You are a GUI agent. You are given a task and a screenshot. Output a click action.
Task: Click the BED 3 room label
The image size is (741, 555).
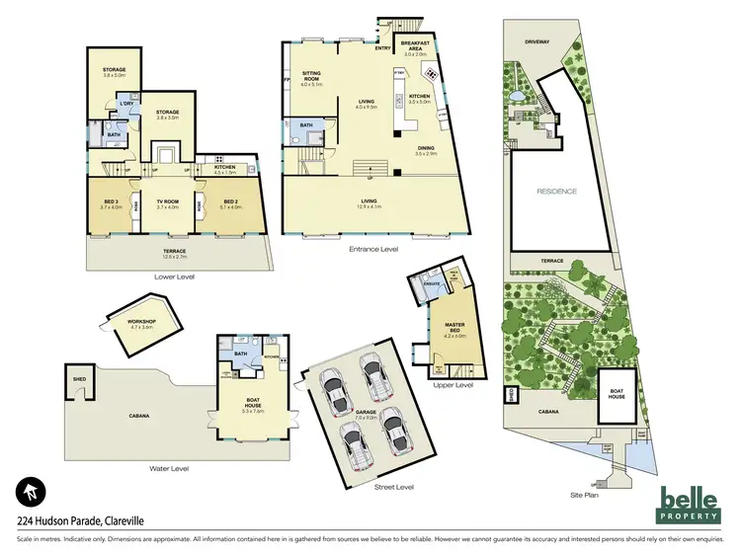pyautogui.click(x=110, y=202)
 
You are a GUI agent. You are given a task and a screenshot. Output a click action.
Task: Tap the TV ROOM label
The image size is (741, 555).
pyautogui.click(x=167, y=202)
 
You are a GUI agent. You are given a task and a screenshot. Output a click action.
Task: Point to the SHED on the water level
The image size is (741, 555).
pyautogui.click(x=77, y=378)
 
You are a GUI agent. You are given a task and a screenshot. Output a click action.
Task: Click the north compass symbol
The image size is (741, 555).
pyautogui.click(x=29, y=491)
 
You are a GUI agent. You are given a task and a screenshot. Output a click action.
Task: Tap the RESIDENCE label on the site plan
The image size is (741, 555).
pyautogui.click(x=556, y=192)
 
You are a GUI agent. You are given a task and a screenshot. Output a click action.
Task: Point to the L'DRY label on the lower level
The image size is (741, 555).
pyautogui.click(x=127, y=104)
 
